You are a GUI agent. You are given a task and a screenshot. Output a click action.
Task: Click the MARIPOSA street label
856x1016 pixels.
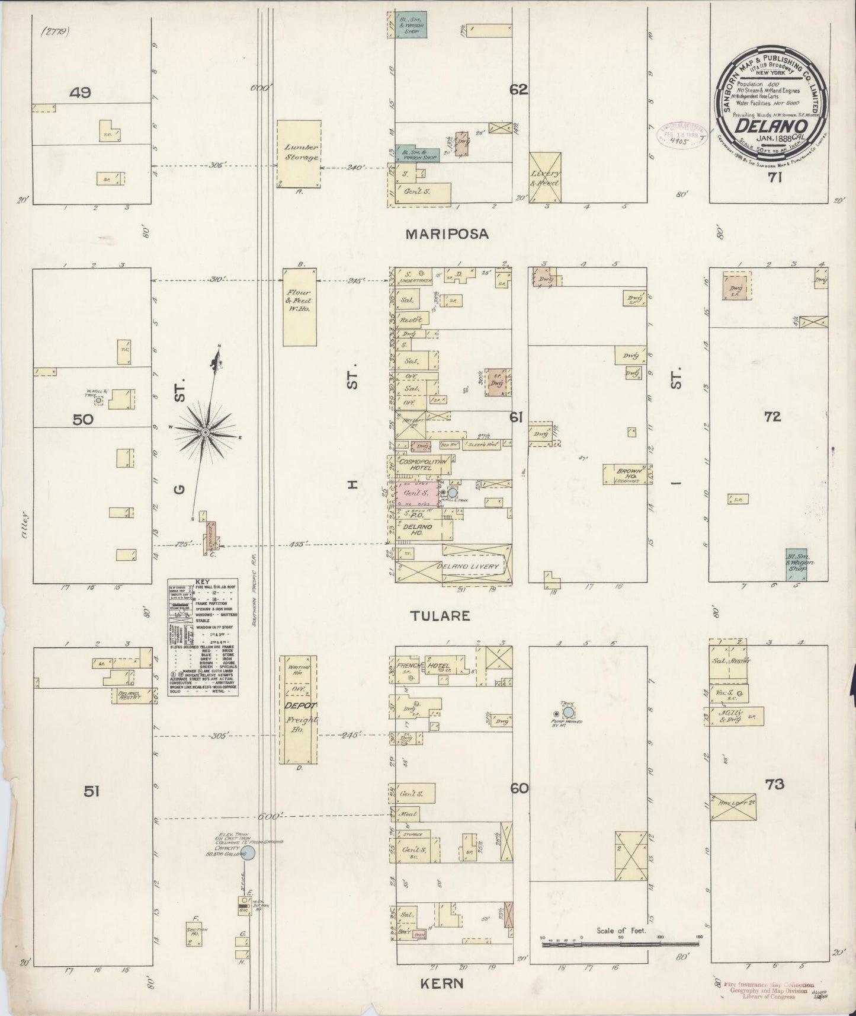447,234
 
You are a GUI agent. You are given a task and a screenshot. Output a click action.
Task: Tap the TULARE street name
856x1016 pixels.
441,616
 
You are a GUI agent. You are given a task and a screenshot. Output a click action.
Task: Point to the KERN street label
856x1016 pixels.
441,984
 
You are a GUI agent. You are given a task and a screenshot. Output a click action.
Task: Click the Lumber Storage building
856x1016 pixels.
300,154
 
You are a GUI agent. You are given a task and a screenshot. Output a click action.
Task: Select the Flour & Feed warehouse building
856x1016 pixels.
300,306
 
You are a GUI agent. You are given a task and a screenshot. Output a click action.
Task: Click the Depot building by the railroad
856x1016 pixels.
299,710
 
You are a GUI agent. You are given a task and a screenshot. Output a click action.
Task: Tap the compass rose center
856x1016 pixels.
205,433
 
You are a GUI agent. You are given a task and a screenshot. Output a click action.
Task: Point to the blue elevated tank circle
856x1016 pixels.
249,853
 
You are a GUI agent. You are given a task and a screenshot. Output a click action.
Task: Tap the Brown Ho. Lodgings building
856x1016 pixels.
626,475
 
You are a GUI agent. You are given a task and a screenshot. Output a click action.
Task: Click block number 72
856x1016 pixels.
772,417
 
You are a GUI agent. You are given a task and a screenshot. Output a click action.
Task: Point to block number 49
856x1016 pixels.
79,92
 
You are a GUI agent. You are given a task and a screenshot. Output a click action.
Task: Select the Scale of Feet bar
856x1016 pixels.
620,942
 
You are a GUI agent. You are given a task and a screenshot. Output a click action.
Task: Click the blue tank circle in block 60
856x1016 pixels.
568,712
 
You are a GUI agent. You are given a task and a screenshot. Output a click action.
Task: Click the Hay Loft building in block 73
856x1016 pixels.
733,807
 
